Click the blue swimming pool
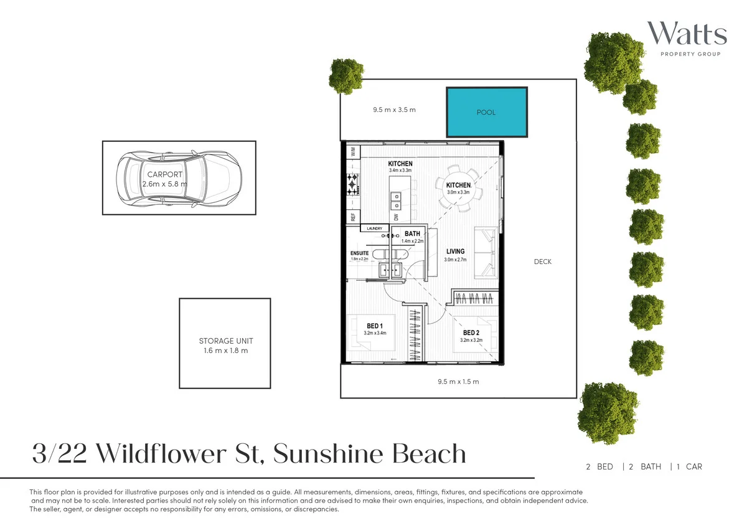pyautogui.click(x=487, y=112)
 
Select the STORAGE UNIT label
pyautogui.click(x=225, y=341)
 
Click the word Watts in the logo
pyautogui.click(x=686, y=34)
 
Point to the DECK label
pyautogui.click(x=542, y=262)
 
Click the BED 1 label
pyautogui.click(x=374, y=326)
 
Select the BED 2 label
pyautogui.click(x=471, y=333)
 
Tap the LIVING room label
pyautogui.click(x=455, y=252)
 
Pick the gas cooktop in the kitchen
pyautogui.click(x=353, y=184)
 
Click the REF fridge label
pyautogui.click(x=353, y=217)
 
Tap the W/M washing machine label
pyautogui.click(x=352, y=151)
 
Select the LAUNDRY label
pyautogui.click(x=374, y=229)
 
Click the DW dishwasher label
pyautogui.click(x=395, y=217)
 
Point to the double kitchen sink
pyautogui.click(x=396, y=200)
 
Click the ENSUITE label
pyautogui.click(x=359, y=253)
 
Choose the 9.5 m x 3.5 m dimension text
pyautogui.click(x=394, y=110)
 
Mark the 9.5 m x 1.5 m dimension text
pyautogui.click(x=458, y=382)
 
